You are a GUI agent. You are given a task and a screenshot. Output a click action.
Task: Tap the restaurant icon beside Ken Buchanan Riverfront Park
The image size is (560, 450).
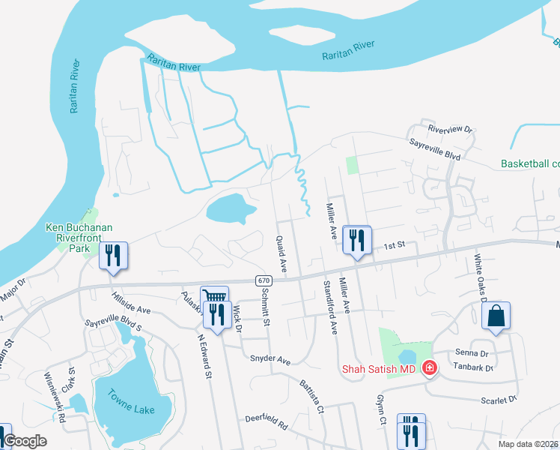coord(113,256)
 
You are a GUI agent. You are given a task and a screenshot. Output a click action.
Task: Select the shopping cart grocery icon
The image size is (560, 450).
coord(213,298)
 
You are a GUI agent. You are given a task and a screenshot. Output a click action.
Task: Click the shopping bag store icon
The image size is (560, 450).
coord(496,316)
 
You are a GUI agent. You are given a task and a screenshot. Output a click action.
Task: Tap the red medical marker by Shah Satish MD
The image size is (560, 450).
coord(430,367)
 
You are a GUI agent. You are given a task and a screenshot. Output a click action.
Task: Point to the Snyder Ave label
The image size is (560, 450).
coord(270,360)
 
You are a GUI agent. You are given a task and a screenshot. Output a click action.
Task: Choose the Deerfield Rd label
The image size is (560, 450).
coord(266,422)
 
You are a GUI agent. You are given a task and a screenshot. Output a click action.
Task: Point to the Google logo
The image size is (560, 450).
coord(25,440)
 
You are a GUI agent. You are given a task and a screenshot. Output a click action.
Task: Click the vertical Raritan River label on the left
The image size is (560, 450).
coord(74,87)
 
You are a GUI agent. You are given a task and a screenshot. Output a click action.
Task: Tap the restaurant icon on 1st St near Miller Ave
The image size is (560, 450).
coord(356,241)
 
